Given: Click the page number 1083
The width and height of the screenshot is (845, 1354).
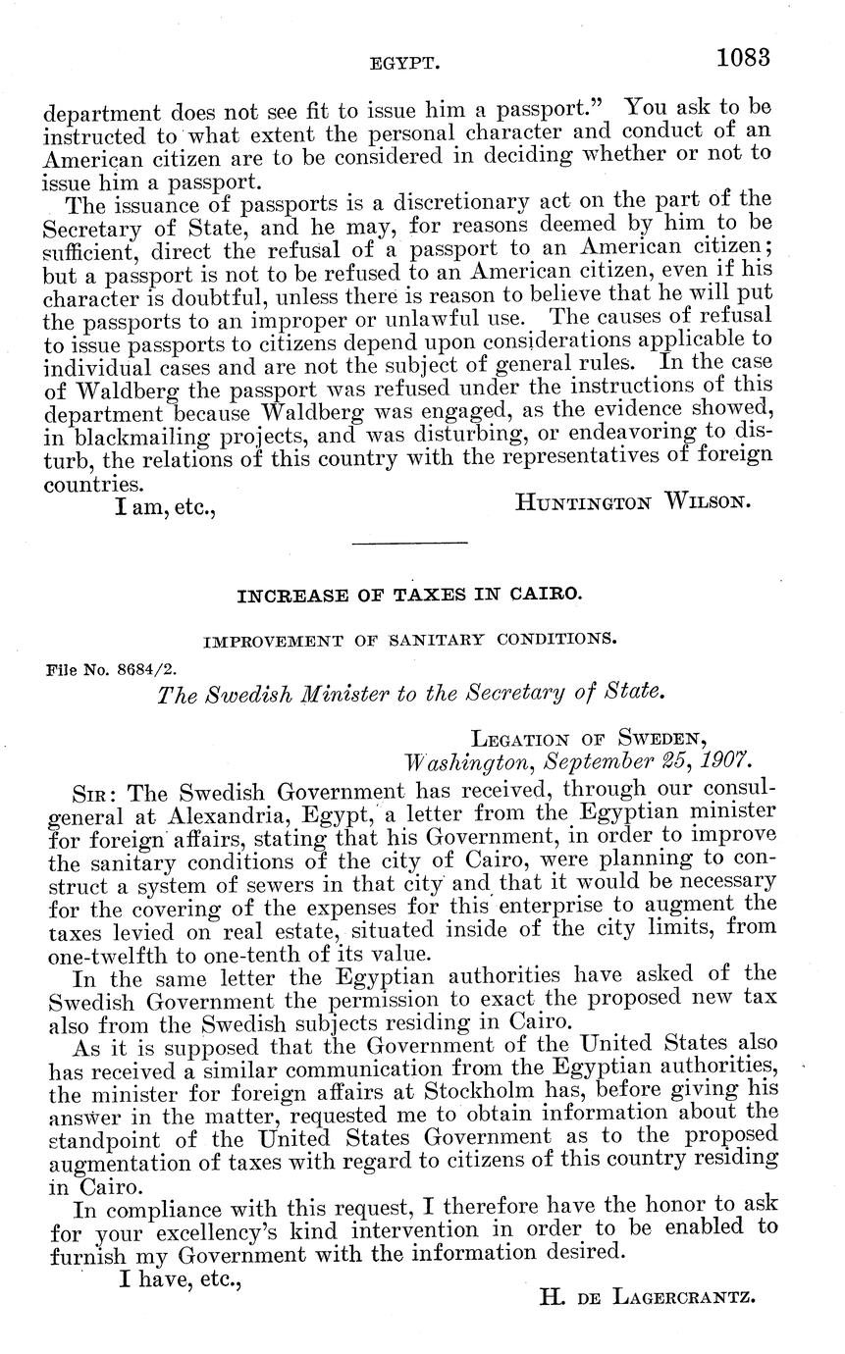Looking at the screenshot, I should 743,57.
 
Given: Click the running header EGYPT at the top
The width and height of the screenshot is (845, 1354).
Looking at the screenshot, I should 402,64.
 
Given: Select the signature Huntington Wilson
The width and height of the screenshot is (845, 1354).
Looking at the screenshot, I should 633,502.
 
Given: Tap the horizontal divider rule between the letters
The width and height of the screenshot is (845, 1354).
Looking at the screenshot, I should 409,542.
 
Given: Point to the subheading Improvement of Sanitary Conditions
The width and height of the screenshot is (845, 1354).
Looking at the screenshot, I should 409,640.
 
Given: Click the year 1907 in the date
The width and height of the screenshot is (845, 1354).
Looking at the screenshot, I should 724,760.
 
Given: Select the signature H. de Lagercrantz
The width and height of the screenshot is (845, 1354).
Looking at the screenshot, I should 647,1296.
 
